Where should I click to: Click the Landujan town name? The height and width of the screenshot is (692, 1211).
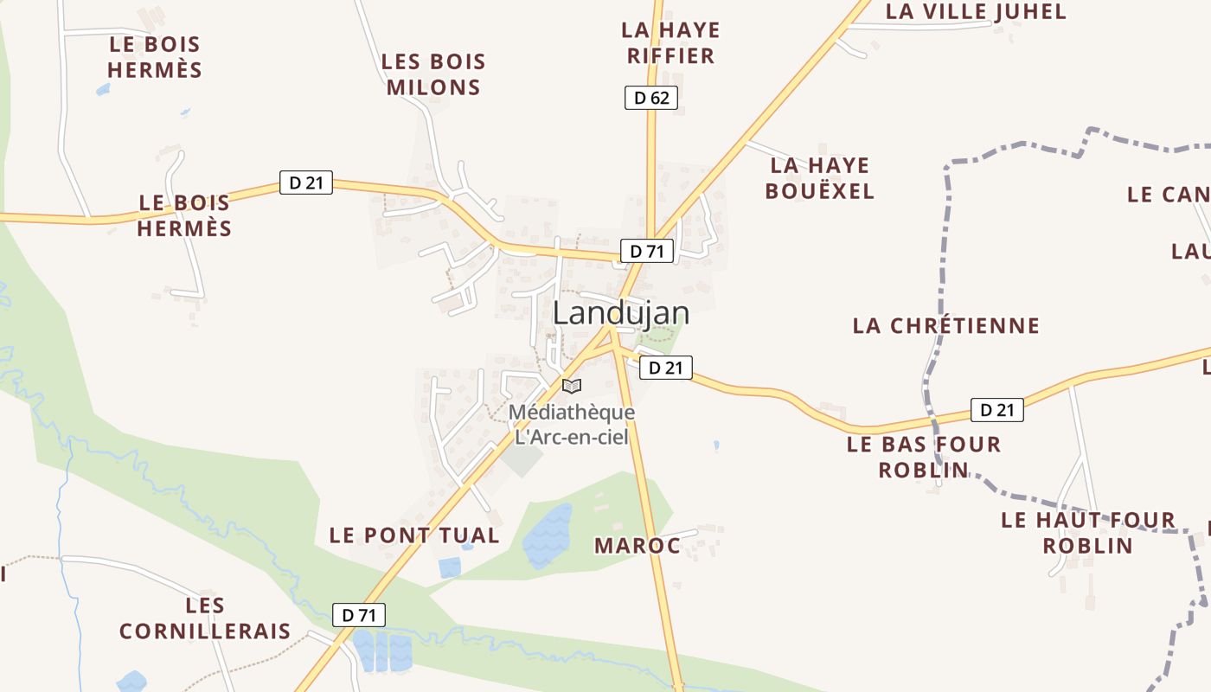tap(620, 313)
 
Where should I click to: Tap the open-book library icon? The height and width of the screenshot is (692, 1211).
tap(571, 386)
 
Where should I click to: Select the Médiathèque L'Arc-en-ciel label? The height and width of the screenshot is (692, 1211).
tap(572, 424)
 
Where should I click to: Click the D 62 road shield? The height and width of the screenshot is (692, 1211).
tap(650, 98)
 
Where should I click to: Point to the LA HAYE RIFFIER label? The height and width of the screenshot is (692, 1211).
tap(670, 43)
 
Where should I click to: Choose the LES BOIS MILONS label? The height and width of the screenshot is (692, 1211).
tap(433, 74)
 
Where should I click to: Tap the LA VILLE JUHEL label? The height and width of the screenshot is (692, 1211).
tap(976, 11)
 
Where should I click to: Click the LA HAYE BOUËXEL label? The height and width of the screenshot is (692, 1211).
tap(819, 177)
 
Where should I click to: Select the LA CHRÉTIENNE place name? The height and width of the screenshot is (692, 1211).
tap(945, 326)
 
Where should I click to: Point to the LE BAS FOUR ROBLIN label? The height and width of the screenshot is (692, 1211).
tap(923, 457)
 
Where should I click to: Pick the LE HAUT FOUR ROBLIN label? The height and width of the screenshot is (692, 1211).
tap(1087, 532)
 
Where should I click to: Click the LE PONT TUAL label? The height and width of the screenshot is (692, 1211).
tap(414, 535)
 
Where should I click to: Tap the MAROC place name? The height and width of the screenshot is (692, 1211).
tap(638, 546)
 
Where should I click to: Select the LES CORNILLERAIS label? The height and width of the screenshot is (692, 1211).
tap(205, 618)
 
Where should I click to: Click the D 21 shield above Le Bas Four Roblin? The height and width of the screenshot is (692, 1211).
tap(996, 410)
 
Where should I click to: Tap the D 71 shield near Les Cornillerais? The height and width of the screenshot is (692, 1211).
tap(359, 615)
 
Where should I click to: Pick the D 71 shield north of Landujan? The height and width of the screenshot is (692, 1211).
tap(646, 252)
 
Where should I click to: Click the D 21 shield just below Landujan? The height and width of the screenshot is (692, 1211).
tap(665, 368)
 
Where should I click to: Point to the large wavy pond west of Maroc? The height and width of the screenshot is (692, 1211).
tap(547, 535)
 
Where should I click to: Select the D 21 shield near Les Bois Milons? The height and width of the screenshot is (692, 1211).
tap(305, 183)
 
